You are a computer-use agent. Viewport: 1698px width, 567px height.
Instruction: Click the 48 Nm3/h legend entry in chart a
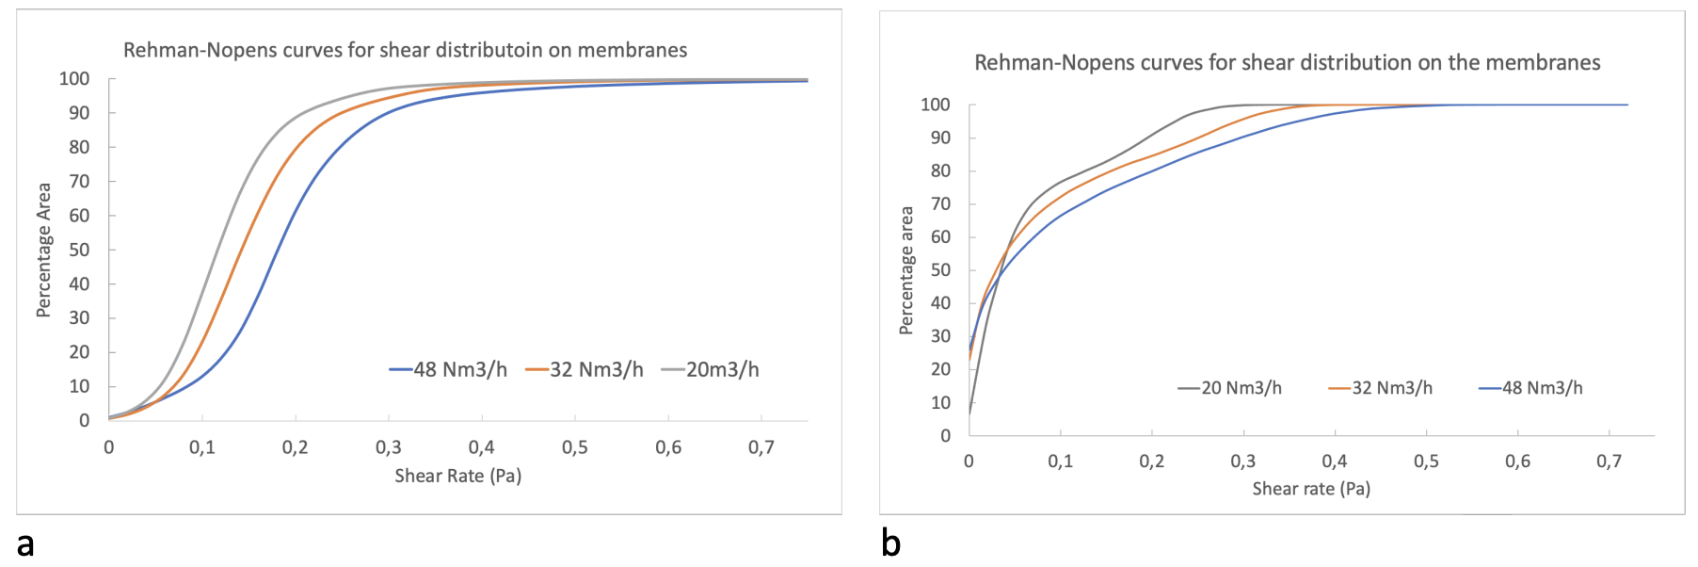pyautogui.click(x=449, y=369)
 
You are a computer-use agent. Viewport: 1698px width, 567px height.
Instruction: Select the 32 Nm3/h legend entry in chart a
pyautogui.click(x=585, y=369)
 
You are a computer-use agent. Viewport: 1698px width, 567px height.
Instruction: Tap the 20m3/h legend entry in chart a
pyautogui.click(x=711, y=369)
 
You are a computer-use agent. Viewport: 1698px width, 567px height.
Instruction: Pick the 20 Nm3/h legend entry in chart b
pyautogui.click(x=1230, y=388)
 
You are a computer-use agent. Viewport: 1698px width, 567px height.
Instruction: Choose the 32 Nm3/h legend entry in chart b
pyautogui.click(x=1381, y=388)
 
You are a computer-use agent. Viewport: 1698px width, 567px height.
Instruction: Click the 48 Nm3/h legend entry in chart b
pyautogui.click(x=1531, y=388)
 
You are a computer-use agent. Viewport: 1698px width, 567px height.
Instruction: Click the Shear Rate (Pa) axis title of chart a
pyautogui.click(x=457, y=476)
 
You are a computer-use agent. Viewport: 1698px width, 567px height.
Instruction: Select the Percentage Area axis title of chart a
pyautogui.click(x=43, y=250)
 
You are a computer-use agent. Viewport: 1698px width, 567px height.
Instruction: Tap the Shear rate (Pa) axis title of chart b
pyautogui.click(x=1311, y=489)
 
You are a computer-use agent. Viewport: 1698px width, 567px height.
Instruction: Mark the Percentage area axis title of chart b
pyautogui.click(x=906, y=270)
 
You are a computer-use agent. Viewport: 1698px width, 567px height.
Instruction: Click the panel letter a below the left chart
pyautogui.click(x=25, y=544)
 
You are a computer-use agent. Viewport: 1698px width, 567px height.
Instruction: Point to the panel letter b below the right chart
pyautogui.click(x=890, y=543)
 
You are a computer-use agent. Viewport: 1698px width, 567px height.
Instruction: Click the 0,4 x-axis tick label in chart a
pyautogui.click(x=482, y=447)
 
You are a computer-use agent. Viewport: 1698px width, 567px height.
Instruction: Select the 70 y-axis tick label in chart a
pyautogui.click(x=79, y=181)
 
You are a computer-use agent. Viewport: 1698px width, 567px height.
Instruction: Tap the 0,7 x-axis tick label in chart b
pyautogui.click(x=1610, y=462)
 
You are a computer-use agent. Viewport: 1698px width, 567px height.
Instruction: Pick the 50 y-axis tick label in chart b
pyautogui.click(x=940, y=270)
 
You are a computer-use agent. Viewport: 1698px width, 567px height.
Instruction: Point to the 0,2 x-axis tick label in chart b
pyautogui.click(x=1152, y=462)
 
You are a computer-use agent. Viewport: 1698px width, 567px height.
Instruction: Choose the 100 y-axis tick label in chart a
pyautogui.click(x=74, y=79)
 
